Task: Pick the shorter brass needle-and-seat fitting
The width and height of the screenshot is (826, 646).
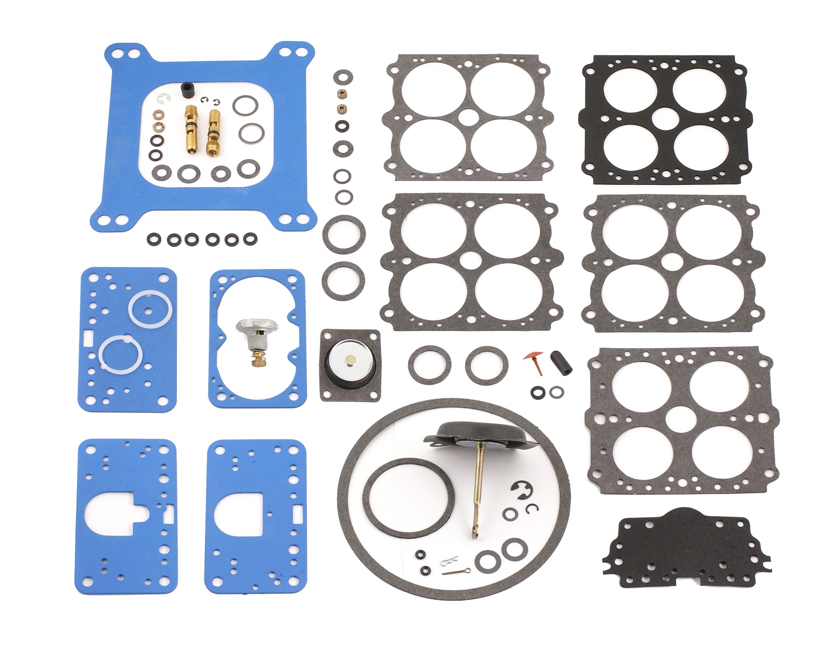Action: click(213, 132)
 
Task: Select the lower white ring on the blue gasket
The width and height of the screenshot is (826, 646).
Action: click(121, 354)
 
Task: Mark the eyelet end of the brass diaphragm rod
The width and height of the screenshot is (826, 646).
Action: click(474, 533)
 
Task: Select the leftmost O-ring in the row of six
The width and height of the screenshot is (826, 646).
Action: click(154, 239)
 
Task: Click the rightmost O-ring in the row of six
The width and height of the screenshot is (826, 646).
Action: click(250, 239)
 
